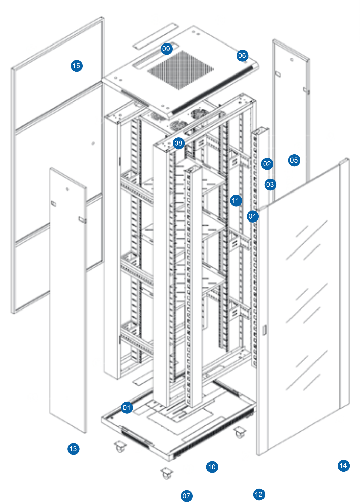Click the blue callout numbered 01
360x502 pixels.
[x=127, y=407]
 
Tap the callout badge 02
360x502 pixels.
[x=267, y=164]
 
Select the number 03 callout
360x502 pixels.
[x=270, y=184]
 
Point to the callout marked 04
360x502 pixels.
[x=252, y=216]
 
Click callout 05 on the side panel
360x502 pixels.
[x=294, y=160]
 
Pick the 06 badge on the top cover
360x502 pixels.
[x=242, y=55]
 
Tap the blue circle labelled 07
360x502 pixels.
[x=186, y=496]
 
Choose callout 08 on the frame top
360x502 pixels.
[x=178, y=143]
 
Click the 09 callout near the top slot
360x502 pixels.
[x=166, y=49]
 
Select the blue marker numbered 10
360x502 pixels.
[x=212, y=467]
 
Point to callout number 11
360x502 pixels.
[x=236, y=201]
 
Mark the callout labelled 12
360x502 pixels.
[x=259, y=494]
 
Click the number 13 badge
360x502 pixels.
[x=73, y=449]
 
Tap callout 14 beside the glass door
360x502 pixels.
[x=343, y=466]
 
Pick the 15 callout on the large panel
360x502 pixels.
[x=76, y=66]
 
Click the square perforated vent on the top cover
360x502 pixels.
[x=180, y=69]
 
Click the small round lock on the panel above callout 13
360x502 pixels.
[x=67, y=189]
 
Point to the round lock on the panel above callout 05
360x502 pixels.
[x=292, y=60]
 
